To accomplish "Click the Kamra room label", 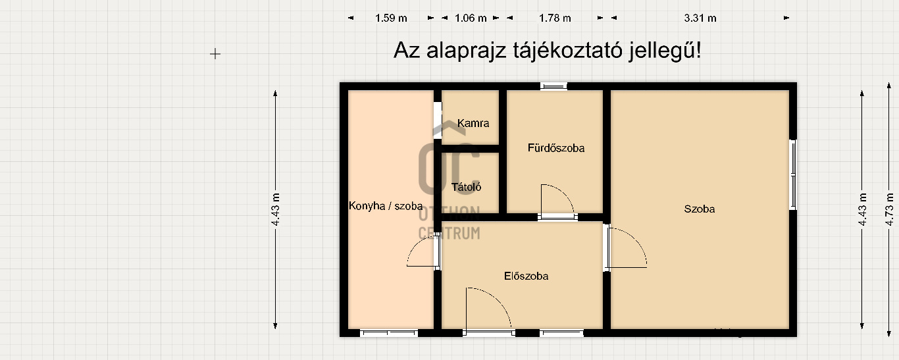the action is (473, 123).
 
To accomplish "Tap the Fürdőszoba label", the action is (556, 148).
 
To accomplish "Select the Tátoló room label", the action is (466, 187).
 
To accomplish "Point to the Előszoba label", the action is (526, 276).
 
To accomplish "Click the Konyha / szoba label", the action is (386, 206).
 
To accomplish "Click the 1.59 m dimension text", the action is (391, 18).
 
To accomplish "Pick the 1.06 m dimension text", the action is (471, 18).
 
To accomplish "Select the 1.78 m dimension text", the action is (555, 18).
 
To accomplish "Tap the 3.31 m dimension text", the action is (700, 18).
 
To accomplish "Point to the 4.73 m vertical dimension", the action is (889, 209).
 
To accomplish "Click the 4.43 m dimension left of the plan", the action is (275, 209).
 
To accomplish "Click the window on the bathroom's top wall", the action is (553, 86).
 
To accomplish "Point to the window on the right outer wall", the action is (793, 174).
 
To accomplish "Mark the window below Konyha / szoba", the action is (389, 333).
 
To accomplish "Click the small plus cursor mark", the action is (215, 54).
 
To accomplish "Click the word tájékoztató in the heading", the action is (567, 51).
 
